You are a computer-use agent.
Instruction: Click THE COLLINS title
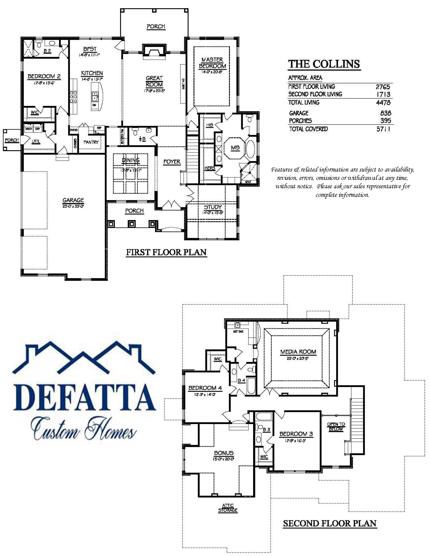(x=324, y=64)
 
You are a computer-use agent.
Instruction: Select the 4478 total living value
(x=383, y=103)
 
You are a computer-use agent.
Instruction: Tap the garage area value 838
(x=385, y=113)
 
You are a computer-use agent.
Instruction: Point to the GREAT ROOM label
(x=154, y=81)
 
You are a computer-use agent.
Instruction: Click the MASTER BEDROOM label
(x=212, y=63)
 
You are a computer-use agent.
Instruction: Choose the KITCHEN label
(x=92, y=73)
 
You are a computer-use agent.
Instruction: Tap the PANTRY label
(x=91, y=142)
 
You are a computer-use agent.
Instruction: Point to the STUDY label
(x=213, y=207)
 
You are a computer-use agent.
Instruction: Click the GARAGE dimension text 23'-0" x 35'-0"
(x=73, y=206)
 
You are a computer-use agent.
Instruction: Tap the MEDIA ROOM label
(x=298, y=352)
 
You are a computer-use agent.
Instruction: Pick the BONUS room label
(x=224, y=453)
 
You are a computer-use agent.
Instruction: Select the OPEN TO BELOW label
(x=336, y=426)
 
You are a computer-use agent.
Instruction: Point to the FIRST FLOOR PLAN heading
(x=166, y=252)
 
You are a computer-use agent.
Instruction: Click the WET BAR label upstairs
(x=238, y=332)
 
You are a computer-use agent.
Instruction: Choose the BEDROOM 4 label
(x=205, y=388)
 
